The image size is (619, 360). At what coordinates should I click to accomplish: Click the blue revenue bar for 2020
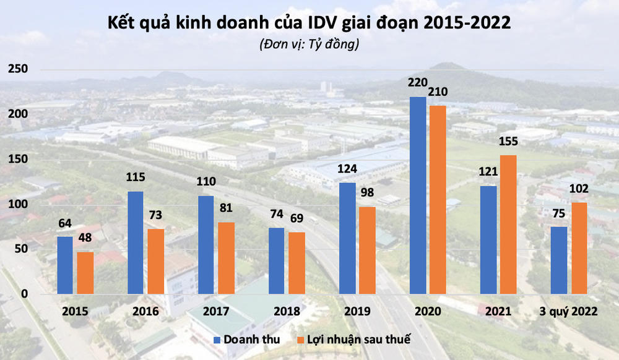tap(418, 195)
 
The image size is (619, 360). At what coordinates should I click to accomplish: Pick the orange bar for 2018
tap(297, 263)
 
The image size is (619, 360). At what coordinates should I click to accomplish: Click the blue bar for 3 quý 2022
tap(559, 260)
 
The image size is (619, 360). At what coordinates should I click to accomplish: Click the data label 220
tap(418, 82)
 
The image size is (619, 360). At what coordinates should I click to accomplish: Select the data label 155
tap(508, 142)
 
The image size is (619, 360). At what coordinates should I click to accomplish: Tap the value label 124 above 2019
tap(347, 168)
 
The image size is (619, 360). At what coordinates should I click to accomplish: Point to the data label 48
tap(85, 238)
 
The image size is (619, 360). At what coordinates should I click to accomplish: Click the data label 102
tap(579, 189)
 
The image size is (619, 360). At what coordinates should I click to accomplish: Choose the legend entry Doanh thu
tap(246, 339)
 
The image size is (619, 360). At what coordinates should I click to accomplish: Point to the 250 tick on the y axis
tap(17, 69)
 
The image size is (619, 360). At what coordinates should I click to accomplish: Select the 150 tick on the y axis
tap(17, 159)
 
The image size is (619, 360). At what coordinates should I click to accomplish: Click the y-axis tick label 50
tap(20, 249)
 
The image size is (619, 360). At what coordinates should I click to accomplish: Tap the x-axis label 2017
tap(216, 311)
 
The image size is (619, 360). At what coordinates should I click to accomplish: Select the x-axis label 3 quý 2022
tap(569, 311)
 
